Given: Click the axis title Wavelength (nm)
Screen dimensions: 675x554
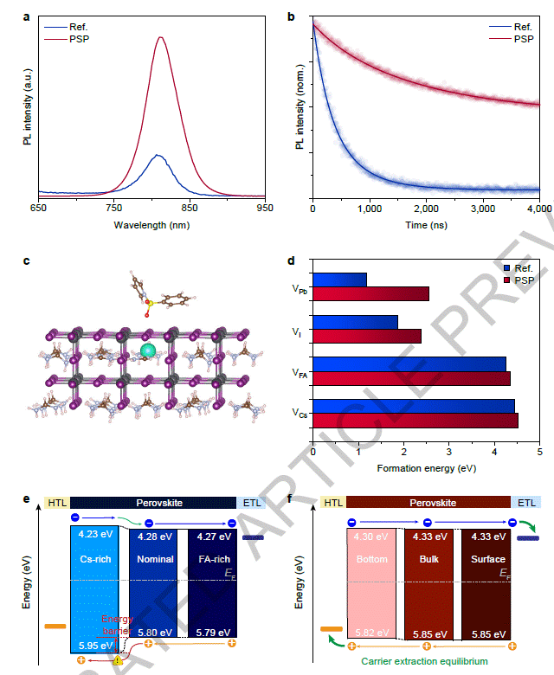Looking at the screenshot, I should pyautogui.click(x=151, y=224).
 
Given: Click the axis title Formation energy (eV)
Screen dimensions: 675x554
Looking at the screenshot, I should pyautogui.click(x=426, y=468).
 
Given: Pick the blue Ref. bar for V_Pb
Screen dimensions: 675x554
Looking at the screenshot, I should pyautogui.click(x=339, y=280).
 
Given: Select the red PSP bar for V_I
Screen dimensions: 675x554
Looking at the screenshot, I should pyautogui.click(x=367, y=336).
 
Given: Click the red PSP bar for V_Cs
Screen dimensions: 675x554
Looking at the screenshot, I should pyautogui.click(x=415, y=421).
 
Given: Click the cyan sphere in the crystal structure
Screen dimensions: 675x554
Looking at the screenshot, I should pyautogui.click(x=148, y=350).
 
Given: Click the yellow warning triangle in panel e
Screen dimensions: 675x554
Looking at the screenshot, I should pyautogui.click(x=119, y=660).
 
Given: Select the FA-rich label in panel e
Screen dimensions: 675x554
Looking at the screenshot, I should pyautogui.click(x=211, y=559).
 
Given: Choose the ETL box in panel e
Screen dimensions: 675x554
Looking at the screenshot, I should pyautogui.click(x=251, y=502).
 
